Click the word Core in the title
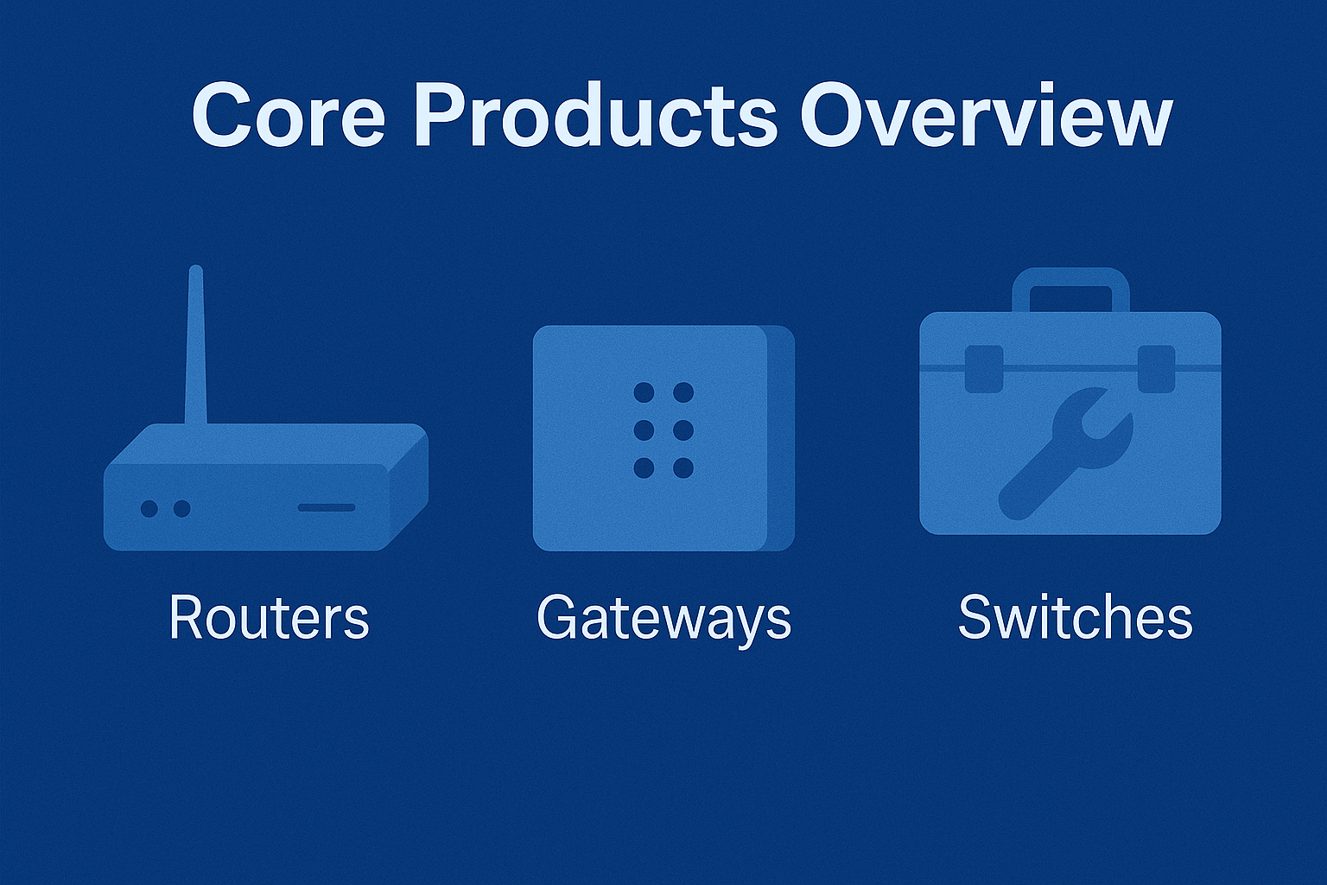pyautogui.click(x=288, y=116)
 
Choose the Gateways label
pyautogui.click(x=663, y=620)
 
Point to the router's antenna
pyautogui.click(x=196, y=345)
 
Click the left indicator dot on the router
pyautogui.click(x=149, y=508)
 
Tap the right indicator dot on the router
pyautogui.click(x=182, y=508)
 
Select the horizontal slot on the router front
pyautogui.click(x=327, y=507)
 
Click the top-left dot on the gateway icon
pyautogui.click(x=644, y=392)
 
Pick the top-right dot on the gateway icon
pyautogui.click(x=683, y=392)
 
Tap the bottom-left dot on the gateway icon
pyautogui.click(x=644, y=468)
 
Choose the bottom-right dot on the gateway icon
pyautogui.click(x=683, y=468)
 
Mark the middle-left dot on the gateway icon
pyautogui.click(x=644, y=430)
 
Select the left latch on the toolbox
pyautogui.click(x=984, y=369)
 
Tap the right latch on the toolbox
pyautogui.click(x=1157, y=369)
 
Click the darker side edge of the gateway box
pyautogui.click(x=782, y=439)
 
